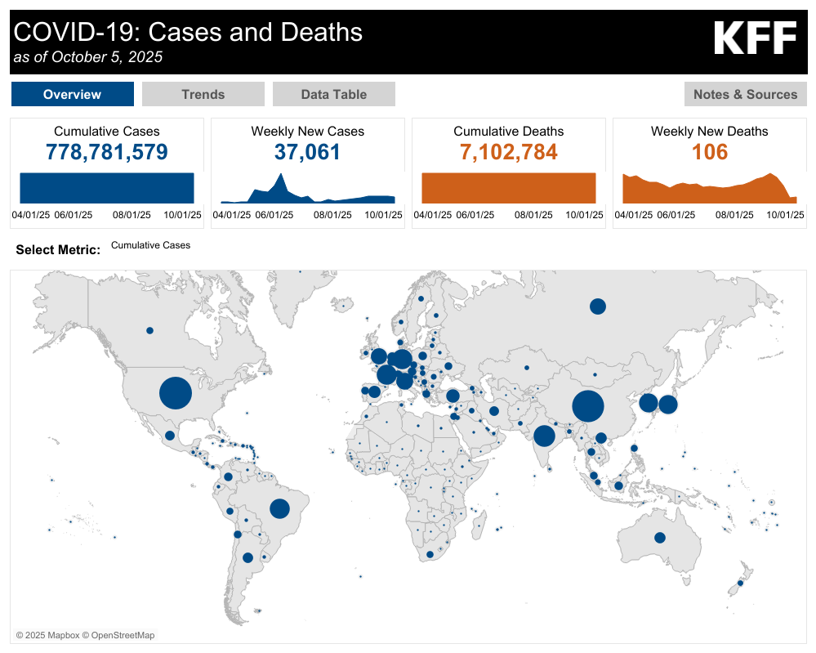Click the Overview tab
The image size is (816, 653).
point(73,94)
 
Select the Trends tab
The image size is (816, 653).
point(203,94)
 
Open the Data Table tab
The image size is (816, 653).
point(333,94)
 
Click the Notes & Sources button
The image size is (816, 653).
point(745,94)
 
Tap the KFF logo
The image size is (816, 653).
point(755,38)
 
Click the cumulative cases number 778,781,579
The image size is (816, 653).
point(107,152)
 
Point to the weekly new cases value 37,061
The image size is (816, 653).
point(308,152)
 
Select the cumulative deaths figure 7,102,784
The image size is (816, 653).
point(508,152)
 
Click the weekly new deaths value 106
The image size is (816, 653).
point(709,152)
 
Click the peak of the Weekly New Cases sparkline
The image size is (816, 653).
point(281,174)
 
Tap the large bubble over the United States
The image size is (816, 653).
point(176,392)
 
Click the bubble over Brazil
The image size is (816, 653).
point(279,508)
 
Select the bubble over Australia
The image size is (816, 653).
point(660,538)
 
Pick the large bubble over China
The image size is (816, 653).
point(588,405)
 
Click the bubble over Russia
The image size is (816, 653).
point(598,306)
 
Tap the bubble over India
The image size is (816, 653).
point(544,436)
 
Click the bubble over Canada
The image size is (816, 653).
point(149,331)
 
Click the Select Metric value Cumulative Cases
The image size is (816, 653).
point(151,245)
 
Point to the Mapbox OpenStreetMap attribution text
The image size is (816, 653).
point(85,635)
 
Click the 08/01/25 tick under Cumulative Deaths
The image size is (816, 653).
point(533,215)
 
